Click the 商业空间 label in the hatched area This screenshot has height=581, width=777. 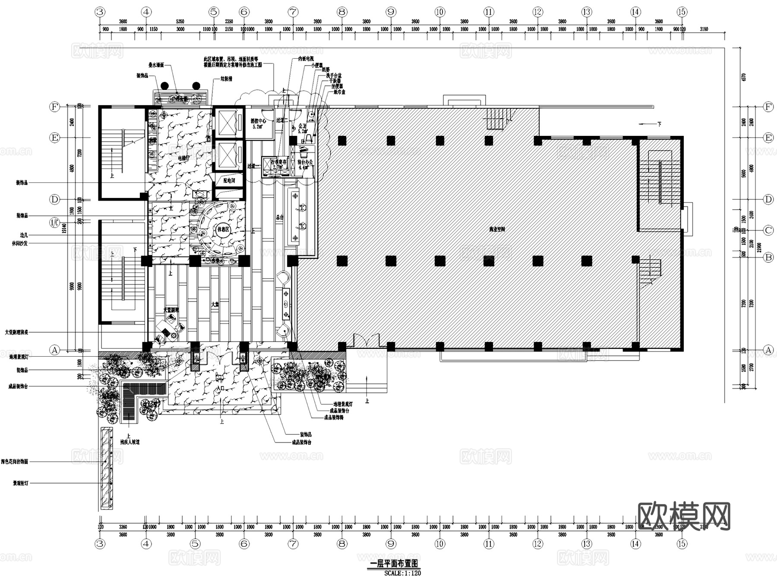(x=497, y=229)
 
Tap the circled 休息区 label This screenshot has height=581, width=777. (x=223, y=229)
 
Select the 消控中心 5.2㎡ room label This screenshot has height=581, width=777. (x=258, y=124)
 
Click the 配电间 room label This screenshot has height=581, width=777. (x=229, y=181)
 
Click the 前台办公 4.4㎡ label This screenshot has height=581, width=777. (x=305, y=164)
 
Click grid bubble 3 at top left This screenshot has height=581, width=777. (x=100, y=12)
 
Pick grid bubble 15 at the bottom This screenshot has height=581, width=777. (x=682, y=543)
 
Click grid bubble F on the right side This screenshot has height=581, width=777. (x=768, y=107)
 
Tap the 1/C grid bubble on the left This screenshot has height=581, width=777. (x=55, y=223)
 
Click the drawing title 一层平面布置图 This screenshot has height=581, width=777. (x=394, y=564)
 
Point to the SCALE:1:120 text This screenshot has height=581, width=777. (x=402, y=573)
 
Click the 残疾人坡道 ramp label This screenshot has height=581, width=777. (x=129, y=442)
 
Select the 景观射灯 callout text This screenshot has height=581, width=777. (x=20, y=484)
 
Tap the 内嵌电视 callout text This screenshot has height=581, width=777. (x=306, y=58)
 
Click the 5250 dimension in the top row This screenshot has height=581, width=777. (x=180, y=21)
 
